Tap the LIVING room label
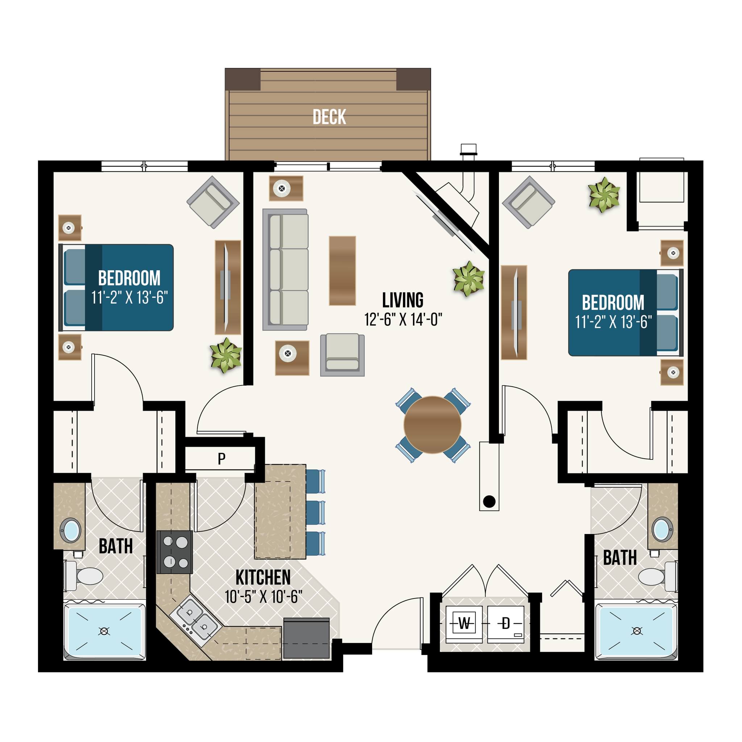[403, 300]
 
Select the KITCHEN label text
[263, 577]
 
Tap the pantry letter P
[222, 459]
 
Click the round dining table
[433, 425]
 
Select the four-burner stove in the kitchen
[174, 552]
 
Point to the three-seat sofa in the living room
[285, 270]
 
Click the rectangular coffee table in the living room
[342, 271]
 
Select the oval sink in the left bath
[71, 530]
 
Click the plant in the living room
[468, 279]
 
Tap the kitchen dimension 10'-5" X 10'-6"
[263, 597]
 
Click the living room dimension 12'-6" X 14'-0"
[403, 319]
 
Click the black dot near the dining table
[489, 501]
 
